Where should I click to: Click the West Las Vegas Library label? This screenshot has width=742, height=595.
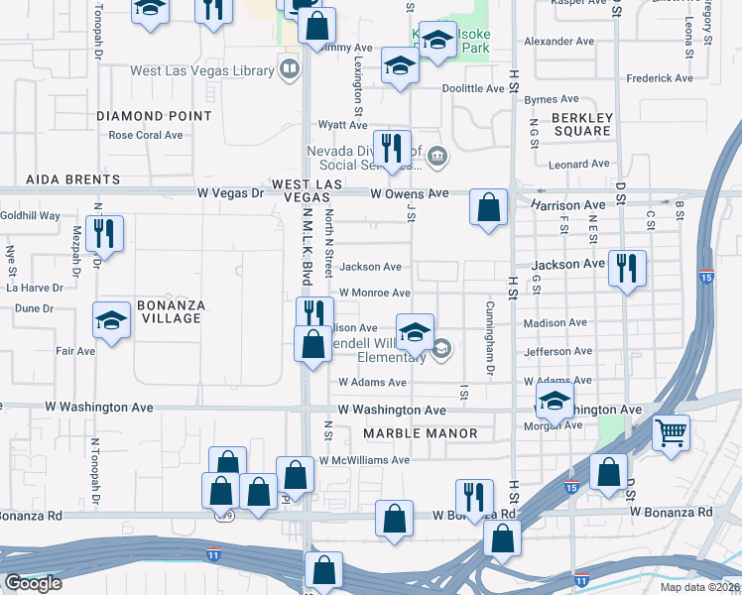(x=201, y=71)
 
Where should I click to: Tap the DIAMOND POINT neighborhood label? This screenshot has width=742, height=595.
(x=154, y=116)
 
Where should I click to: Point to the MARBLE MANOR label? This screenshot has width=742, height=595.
(x=420, y=433)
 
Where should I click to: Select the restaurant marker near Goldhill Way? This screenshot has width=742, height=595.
(x=104, y=233)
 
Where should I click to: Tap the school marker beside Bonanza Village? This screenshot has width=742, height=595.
(x=112, y=319)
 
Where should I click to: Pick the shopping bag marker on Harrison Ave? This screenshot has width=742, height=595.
(x=489, y=207)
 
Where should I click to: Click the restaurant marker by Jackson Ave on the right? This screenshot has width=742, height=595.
(x=627, y=268)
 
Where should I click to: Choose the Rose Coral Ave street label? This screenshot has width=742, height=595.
(x=146, y=135)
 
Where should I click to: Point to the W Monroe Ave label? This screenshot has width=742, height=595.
(x=374, y=294)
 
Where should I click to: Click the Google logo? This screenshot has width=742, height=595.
(x=32, y=583)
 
